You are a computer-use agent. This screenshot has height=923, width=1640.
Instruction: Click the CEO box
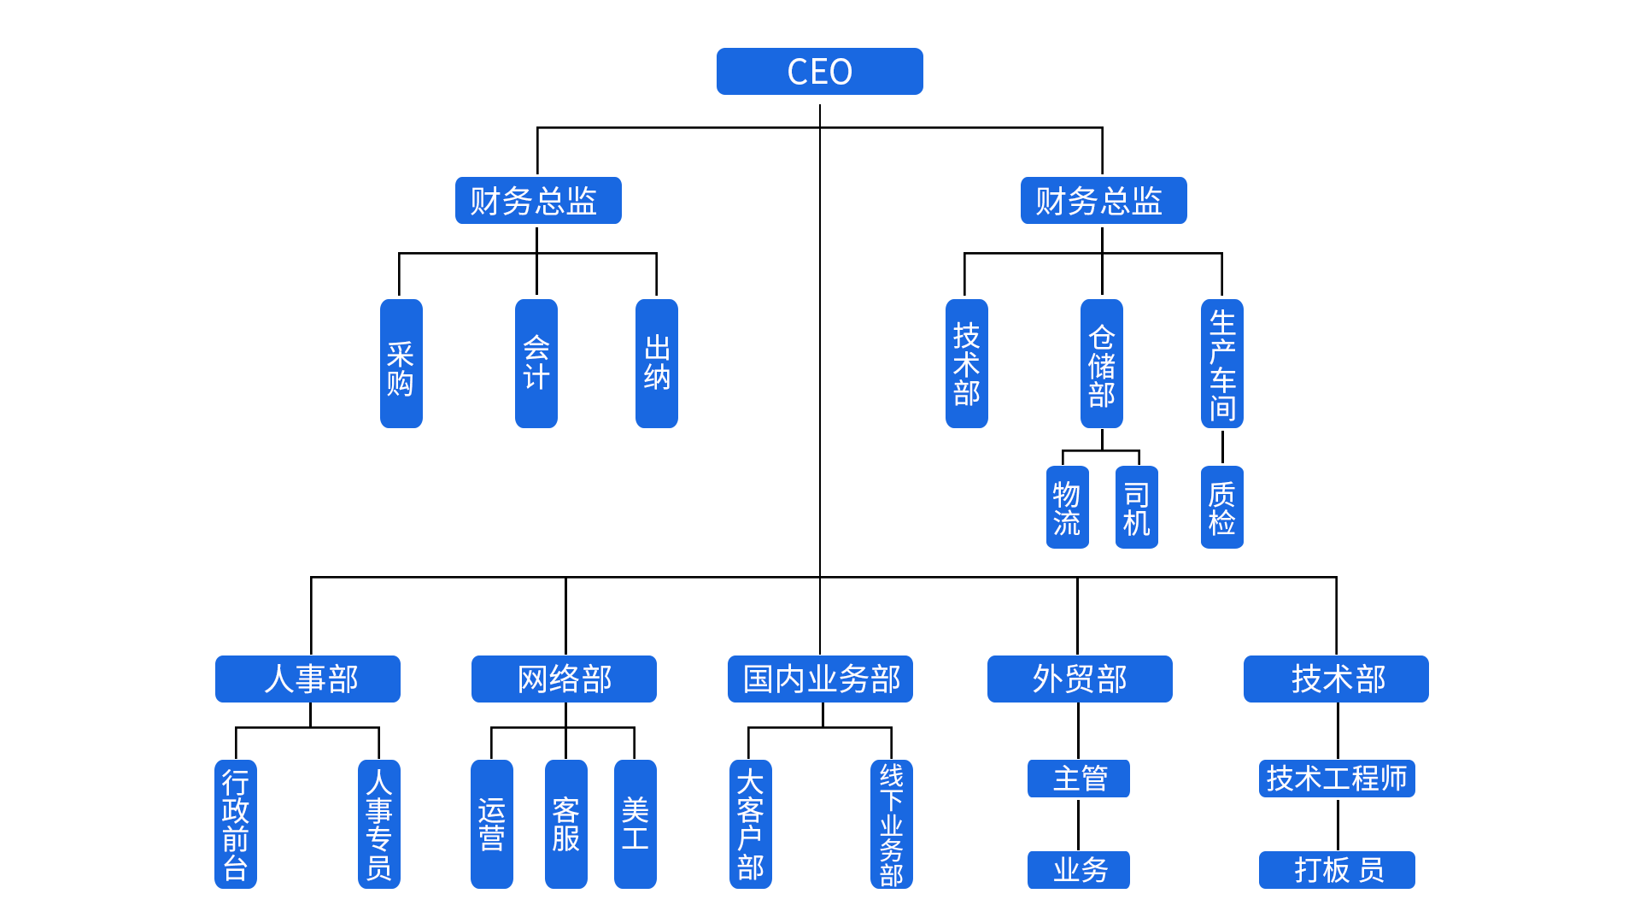point(819,71)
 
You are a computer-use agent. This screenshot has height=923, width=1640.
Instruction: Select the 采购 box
point(401,363)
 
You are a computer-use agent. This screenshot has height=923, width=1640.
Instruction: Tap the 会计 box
point(536,363)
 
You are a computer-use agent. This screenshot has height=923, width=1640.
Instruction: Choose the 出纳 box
point(657,363)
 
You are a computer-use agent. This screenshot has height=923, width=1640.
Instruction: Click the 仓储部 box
point(1102,363)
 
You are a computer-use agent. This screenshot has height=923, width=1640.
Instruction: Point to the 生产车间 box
point(1222,363)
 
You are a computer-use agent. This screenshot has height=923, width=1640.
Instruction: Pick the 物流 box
point(1068,507)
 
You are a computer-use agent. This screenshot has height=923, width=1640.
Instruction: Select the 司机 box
point(1137,507)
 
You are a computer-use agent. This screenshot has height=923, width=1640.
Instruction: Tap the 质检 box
point(1222,507)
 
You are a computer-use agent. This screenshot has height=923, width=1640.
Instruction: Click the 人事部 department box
point(307,679)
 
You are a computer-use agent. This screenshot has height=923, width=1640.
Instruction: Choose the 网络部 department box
point(564,679)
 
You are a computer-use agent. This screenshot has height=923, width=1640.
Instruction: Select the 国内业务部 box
point(820,679)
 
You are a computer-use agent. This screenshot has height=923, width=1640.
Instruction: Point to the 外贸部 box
point(1080,679)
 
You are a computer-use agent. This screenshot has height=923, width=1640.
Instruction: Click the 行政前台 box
point(236,824)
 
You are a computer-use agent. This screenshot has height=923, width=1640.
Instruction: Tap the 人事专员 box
point(379,824)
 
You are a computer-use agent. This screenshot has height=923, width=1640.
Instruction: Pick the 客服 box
point(566,824)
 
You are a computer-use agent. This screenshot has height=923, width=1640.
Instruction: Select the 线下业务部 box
point(892,824)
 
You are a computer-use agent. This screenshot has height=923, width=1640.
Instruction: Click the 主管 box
point(1079,779)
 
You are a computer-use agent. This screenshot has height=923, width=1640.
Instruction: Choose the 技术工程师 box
point(1337,779)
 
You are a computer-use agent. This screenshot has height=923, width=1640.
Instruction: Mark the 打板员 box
point(1337,870)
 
